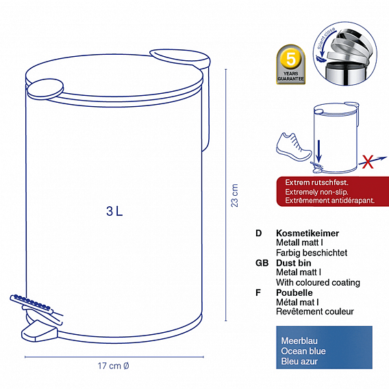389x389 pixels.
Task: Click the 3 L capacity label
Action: point(114,211)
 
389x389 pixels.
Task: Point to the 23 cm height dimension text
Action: point(234,195)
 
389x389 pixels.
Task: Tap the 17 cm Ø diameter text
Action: point(114,366)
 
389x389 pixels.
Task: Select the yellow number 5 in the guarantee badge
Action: point(291,59)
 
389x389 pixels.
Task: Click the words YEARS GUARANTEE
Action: point(291,76)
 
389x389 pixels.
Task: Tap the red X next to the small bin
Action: point(367,162)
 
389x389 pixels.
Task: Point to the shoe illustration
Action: point(293,147)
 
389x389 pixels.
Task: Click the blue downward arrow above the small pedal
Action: point(319,151)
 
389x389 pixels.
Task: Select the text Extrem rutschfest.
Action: point(316,182)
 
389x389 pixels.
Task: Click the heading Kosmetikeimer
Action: point(308,234)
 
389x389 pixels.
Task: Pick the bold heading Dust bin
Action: point(294,263)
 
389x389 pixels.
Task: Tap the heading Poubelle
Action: point(294,292)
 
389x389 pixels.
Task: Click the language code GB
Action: point(262,263)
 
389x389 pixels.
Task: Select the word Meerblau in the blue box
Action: point(299,341)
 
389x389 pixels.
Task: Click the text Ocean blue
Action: point(303,351)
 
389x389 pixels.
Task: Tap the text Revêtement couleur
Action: point(315,312)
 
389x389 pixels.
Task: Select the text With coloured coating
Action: point(318,282)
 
